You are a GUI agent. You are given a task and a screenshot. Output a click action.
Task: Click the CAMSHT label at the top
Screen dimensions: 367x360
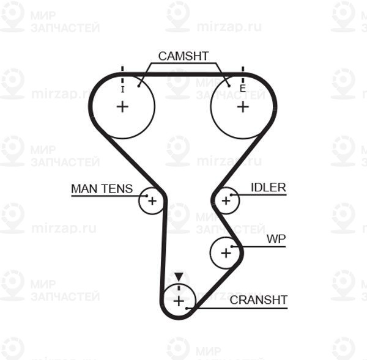(183, 56)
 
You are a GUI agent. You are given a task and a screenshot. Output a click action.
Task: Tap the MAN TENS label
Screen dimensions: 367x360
(102, 188)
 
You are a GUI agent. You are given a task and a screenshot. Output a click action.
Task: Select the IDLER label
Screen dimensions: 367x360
(269, 188)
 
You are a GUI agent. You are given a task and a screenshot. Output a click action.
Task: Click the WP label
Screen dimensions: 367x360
(276, 239)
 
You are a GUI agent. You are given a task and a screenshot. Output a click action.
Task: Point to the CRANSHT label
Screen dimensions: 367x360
(258, 300)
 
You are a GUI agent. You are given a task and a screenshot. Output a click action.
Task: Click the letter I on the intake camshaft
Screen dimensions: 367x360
(123, 89)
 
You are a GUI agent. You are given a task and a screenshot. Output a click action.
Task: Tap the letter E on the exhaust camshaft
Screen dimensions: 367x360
(242, 89)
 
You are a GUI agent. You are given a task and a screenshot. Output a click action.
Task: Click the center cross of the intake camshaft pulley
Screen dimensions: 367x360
(122, 107)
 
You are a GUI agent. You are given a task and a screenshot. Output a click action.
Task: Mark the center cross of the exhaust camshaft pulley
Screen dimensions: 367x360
(243, 107)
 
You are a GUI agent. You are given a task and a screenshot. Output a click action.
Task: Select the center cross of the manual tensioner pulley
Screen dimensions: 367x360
(152, 201)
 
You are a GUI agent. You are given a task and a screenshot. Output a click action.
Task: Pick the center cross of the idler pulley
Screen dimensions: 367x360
(226, 200)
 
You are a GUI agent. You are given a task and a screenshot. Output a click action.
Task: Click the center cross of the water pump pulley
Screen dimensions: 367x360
(226, 253)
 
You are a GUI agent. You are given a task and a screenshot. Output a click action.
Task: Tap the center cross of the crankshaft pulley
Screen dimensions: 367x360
(179, 301)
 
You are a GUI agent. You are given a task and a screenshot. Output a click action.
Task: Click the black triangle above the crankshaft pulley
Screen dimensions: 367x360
(179, 277)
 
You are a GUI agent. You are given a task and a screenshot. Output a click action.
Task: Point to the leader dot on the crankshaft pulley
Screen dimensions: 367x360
(187, 308)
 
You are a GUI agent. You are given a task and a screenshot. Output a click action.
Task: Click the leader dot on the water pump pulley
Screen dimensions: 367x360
(232, 246)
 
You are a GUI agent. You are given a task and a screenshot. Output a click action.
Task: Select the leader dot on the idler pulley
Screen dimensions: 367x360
(231, 195)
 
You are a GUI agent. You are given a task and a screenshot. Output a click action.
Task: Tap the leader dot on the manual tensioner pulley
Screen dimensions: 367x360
(147, 196)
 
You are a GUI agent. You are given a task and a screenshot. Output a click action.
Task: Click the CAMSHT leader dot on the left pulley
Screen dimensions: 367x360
(139, 86)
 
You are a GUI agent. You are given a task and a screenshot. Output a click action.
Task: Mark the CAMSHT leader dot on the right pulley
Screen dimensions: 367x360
(229, 86)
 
